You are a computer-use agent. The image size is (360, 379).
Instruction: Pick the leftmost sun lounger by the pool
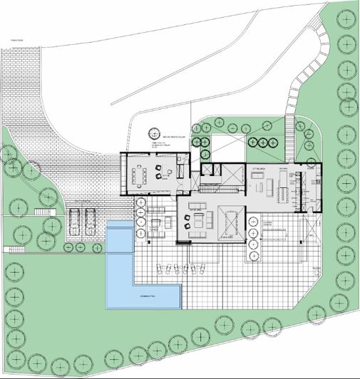160,269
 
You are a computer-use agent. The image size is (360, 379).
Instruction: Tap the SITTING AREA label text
257,167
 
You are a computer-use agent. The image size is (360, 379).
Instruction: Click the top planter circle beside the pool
140,203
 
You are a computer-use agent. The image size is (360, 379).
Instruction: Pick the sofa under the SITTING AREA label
259,187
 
